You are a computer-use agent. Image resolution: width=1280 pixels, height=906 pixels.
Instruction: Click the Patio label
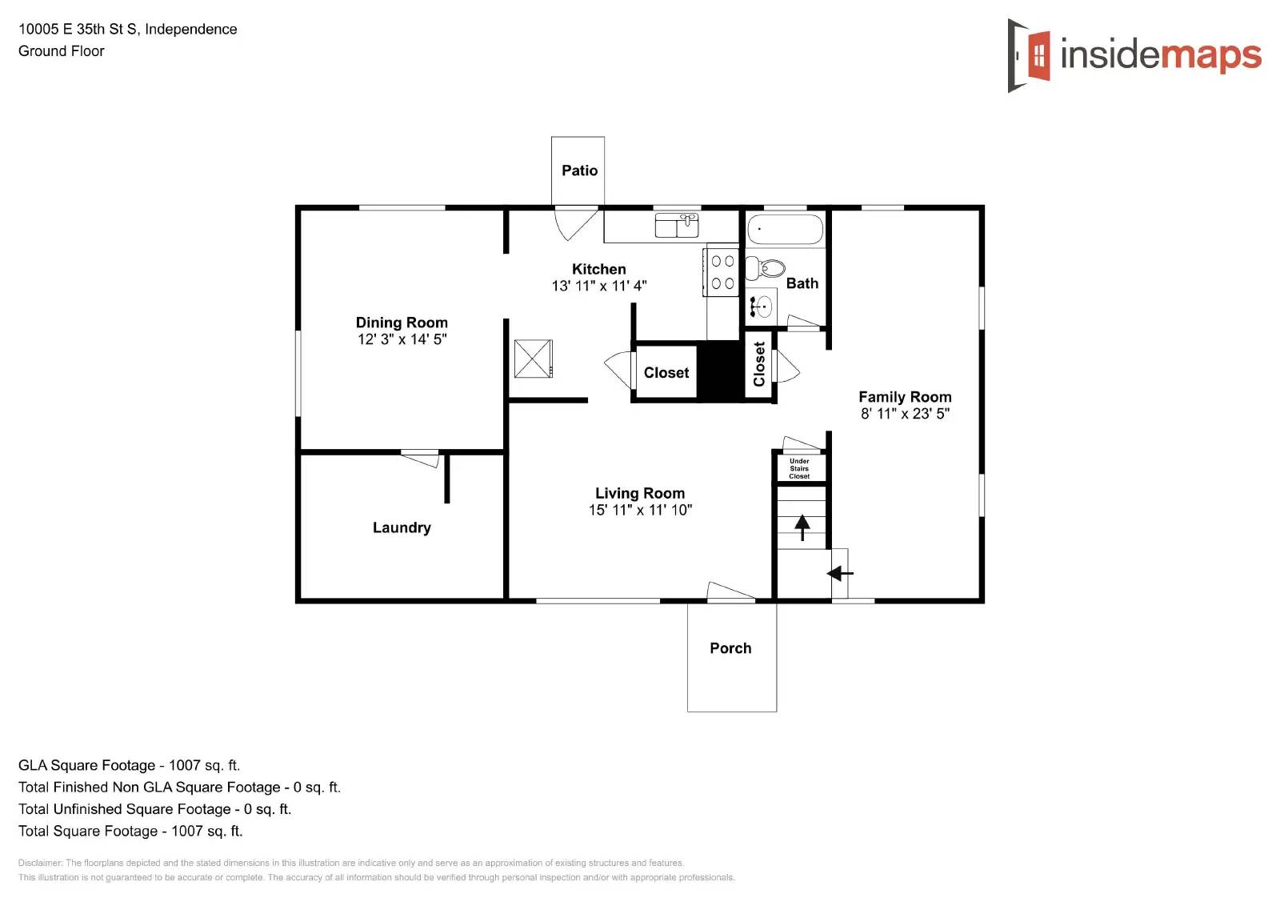coord(579,170)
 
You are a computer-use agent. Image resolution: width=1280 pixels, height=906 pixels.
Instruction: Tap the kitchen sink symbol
coord(677,225)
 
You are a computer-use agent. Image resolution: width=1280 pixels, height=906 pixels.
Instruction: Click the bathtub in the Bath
coord(785,230)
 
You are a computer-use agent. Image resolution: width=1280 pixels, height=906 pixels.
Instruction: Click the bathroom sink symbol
coord(762,306)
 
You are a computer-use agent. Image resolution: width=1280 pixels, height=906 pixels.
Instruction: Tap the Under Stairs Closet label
coord(799,469)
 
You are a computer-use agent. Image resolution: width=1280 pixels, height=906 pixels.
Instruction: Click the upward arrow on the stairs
coord(802,527)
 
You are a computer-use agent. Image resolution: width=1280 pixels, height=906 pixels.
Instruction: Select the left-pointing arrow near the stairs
coord(839,573)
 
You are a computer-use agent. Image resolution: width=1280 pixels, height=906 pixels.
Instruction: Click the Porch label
coord(730,648)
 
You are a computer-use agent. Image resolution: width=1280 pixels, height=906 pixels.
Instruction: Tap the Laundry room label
coord(402,527)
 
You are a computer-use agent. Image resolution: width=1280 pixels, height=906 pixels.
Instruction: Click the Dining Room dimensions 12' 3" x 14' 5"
coord(402,339)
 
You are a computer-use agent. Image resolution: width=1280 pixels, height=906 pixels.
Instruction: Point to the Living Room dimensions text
coord(640,510)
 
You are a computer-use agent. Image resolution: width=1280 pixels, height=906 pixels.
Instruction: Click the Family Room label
coord(905,397)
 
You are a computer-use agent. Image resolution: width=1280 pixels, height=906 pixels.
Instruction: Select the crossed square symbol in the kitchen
coord(533,359)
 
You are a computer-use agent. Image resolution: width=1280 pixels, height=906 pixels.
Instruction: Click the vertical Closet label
coord(759,364)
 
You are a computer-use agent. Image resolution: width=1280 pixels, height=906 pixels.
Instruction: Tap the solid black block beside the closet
coord(721,371)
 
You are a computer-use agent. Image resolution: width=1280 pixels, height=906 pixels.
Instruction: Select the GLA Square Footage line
coord(129,765)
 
